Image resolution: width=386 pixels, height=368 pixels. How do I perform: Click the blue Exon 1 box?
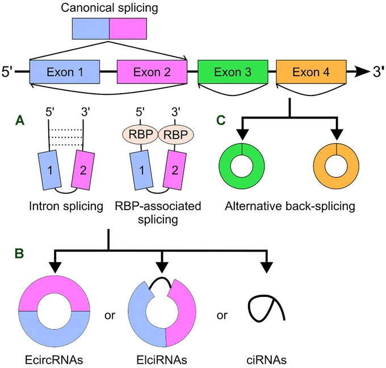pos(65,72)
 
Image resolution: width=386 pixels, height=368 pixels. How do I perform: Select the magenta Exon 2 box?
pos(152,72)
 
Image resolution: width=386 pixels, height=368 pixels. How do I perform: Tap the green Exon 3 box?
pos(233,72)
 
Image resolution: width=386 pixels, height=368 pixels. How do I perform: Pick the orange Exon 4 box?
pos(311,72)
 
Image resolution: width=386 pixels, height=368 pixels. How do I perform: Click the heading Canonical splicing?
pos(110,8)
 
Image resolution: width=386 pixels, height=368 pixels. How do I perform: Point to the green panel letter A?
pos(20,121)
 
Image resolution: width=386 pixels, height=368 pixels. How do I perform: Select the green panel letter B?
pos(19,253)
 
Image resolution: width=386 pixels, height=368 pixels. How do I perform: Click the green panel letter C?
pos(221,120)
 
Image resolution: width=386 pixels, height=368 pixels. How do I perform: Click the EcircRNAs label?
pos(54,360)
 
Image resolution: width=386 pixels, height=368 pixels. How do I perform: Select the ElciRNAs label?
pos(162,360)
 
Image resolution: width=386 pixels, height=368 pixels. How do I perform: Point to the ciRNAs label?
pos(266,360)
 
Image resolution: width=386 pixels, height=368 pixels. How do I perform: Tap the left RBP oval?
pos(140,134)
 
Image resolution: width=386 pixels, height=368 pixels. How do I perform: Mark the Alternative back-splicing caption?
pos(290,206)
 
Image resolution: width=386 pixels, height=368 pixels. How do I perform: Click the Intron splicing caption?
pos(66,206)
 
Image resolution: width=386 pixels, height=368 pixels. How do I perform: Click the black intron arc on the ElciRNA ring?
pos(160,278)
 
